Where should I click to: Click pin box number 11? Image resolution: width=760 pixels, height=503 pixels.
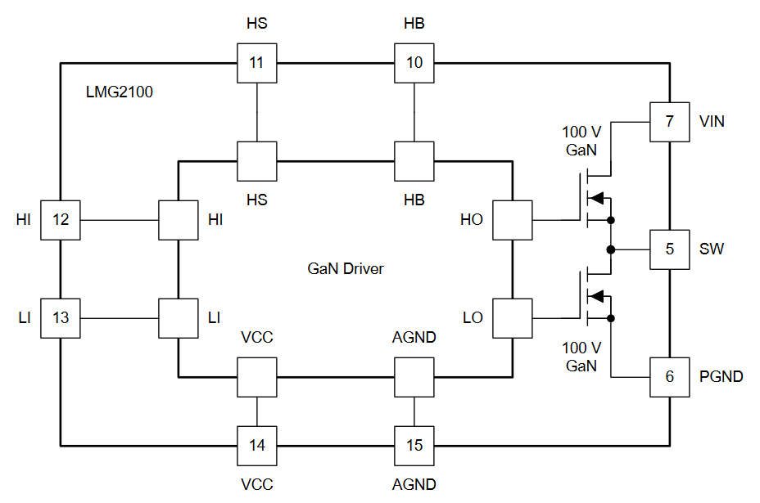pos(257,63)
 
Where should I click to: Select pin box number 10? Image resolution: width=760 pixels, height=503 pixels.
pos(414,63)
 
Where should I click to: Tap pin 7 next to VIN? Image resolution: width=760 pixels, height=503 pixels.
pos(669,122)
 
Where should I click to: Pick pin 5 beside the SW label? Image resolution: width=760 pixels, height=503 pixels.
pos(669,249)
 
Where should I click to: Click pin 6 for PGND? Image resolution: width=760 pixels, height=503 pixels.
pos(669,377)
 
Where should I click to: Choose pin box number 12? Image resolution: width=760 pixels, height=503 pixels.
pos(61,220)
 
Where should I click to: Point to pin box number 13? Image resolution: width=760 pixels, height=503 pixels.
pos(61,318)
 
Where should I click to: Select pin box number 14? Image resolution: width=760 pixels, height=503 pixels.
pos(257,446)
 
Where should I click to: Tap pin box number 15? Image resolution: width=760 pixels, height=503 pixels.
pos(414,446)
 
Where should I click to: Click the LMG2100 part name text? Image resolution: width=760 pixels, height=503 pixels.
pos(120,92)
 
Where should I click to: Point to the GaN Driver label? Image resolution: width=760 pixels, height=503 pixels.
pos(346,269)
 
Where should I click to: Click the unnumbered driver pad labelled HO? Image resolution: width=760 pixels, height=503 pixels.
pos(513,220)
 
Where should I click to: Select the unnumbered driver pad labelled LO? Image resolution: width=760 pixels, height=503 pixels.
pos(513,318)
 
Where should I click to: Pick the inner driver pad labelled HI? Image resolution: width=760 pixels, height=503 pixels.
pos(179,220)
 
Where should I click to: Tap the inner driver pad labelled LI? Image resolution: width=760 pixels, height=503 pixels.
pos(179,318)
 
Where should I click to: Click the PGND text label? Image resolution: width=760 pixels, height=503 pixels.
pos(722,377)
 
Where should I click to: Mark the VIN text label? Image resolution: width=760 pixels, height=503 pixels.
pos(712,122)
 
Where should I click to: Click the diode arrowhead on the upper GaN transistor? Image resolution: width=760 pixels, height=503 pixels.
pos(596,198)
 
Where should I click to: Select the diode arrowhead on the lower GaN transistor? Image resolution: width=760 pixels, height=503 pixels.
pos(596,296)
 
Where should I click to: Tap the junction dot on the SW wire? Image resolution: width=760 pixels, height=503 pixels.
pos(611,249)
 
